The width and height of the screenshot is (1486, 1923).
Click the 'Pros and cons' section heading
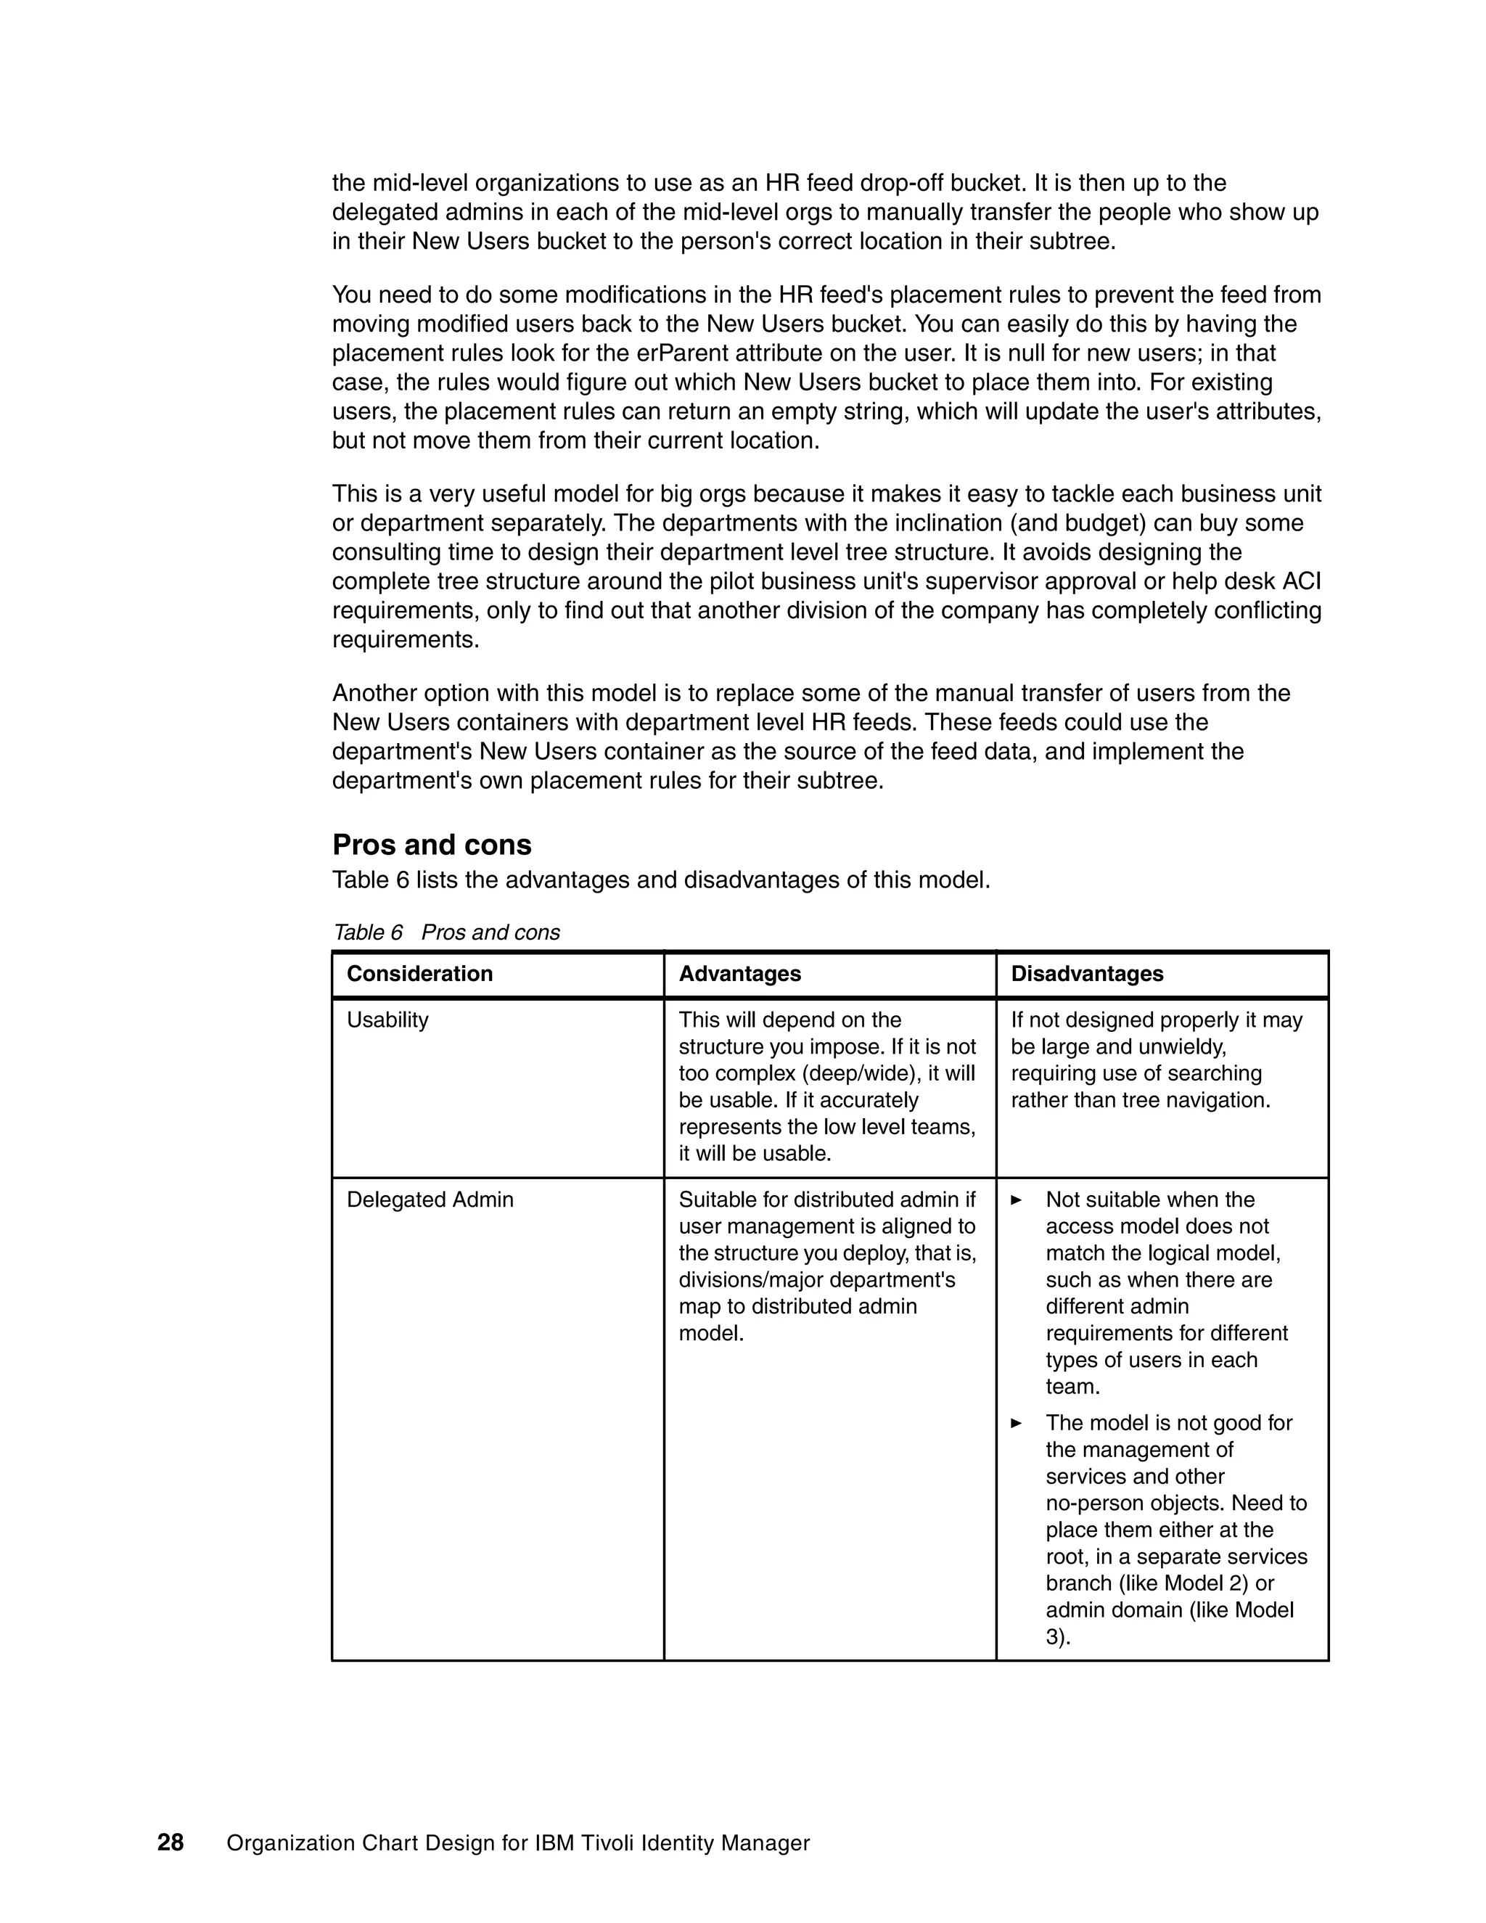432,845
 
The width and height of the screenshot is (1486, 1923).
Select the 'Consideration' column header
419,974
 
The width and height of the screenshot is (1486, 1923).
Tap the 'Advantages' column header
739,974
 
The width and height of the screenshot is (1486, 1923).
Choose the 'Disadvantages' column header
1086,974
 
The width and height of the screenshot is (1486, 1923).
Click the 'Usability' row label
387,1020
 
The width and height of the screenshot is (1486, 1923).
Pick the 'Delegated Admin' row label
430,1200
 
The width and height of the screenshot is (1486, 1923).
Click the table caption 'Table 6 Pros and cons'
446,932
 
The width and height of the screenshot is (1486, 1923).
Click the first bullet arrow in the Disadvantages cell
1017,1200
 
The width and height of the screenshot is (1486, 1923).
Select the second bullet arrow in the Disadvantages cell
1017,1423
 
